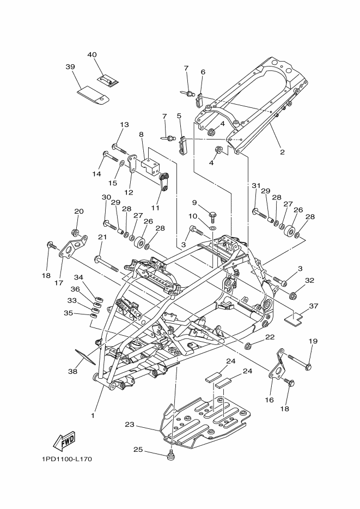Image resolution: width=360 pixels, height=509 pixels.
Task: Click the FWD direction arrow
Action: pyautogui.click(x=64, y=439)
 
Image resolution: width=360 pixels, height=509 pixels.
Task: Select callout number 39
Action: pyautogui.click(x=70, y=66)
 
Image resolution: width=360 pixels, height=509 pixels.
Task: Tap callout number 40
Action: pyautogui.click(x=91, y=54)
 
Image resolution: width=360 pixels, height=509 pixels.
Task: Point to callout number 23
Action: pyautogui.click(x=129, y=425)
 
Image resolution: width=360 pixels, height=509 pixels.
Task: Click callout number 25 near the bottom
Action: pyautogui.click(x=138, y=450)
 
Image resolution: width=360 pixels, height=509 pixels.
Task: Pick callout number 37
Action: pyautogui.click(x=313, y=306)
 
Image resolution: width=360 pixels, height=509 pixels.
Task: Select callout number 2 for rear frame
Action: pyautogui.click(x=282, y=152)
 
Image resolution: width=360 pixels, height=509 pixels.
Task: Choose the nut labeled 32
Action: pyautogui.click(x=292, y=296)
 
